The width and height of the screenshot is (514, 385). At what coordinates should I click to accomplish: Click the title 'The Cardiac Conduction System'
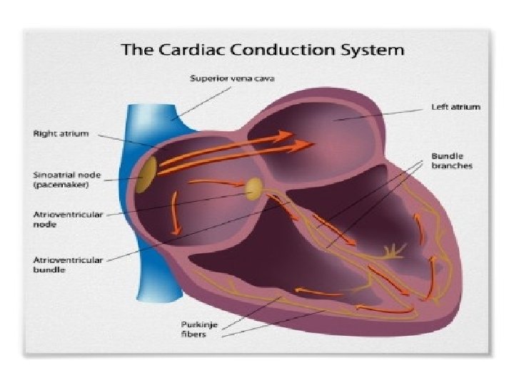263,51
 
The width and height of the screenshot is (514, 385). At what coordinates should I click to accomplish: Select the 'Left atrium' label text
455,107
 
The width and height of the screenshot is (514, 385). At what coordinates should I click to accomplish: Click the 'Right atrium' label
61,133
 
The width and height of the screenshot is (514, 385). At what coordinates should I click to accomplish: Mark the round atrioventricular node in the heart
253,189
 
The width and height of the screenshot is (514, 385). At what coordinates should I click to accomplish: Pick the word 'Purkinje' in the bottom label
198,324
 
